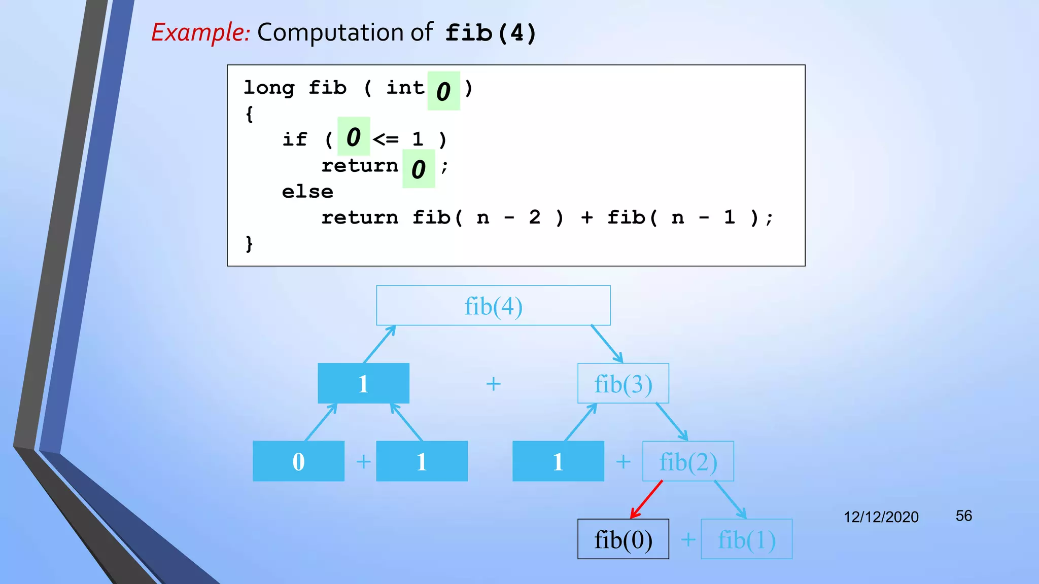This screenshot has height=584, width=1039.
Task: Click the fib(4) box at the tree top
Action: click(x=493, y=306)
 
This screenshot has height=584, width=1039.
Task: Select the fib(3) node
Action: click(x=623, y=384)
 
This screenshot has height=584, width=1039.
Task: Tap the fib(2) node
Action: click(x=688, y=461)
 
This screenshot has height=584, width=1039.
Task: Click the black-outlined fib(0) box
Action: click(x=623, y=539)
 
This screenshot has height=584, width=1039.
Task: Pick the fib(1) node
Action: click(x=746, y=539)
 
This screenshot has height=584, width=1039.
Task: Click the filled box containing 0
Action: click(x=298, y=461)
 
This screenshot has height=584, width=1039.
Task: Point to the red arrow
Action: click(x=646, y=499)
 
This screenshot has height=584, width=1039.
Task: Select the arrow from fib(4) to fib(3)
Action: click(x=607, y=344)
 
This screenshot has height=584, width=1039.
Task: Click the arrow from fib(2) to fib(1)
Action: click(x=730, y=499)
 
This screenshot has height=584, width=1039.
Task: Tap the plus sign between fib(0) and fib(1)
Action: click(x=688, y=539)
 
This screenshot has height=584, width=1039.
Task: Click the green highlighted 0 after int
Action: click(x=443, y=91)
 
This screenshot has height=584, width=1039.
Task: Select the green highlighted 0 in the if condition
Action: click(x=354, y=137)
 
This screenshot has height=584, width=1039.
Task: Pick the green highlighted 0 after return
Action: click(x=419, y=169)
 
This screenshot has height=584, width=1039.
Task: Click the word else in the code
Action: click(x=307, y=192)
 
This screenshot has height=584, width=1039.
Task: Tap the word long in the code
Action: click(x=269, y=88)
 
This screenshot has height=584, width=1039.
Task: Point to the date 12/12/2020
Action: click(x=881, y=517)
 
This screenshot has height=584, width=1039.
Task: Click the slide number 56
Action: click(x=963, y=516)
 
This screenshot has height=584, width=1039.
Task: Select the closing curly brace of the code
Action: click(x=249, y=244)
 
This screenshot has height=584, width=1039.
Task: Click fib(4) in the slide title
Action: click(x=490, y=33)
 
